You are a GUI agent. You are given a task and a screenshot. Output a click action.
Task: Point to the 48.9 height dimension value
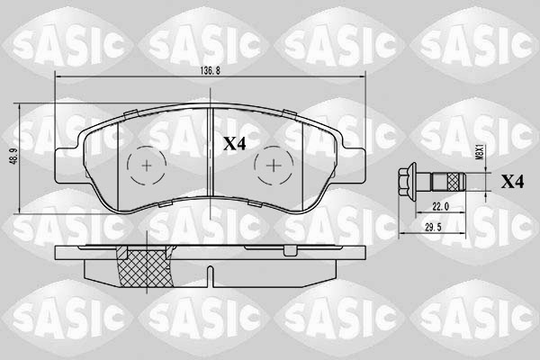coord(11,156)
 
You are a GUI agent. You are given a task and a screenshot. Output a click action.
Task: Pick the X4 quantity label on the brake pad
coord(235,142)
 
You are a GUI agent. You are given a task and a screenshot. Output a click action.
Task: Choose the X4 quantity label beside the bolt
coord(512,182)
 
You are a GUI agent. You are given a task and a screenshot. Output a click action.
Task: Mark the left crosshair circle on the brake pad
coord(147,164)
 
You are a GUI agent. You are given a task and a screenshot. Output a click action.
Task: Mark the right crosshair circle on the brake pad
coord(273,164)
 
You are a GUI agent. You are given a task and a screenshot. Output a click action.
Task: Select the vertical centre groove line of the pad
coord(210,162)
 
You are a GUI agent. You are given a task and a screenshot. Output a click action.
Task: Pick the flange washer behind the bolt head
coord(415,182)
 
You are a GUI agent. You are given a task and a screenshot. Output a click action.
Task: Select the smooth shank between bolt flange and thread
coord(425,182)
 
